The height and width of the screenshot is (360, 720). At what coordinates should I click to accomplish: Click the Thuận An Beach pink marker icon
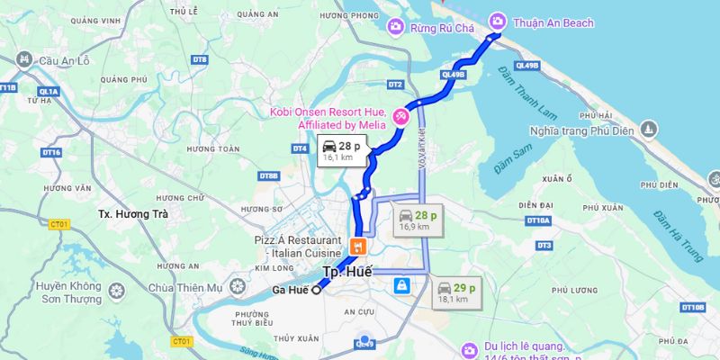click(497, 22)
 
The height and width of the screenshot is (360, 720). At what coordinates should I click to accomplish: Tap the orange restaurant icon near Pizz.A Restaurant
click(358, 245)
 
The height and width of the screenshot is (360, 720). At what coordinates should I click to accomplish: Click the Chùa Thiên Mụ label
click(184, 287)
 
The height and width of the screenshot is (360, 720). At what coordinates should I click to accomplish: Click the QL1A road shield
click(49, 91)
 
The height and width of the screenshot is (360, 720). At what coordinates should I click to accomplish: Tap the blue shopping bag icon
click(400, 285)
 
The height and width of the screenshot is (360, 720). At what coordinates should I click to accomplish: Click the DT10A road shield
click(538, 220)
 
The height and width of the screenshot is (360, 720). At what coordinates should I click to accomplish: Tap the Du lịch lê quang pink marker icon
click(469, 349)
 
